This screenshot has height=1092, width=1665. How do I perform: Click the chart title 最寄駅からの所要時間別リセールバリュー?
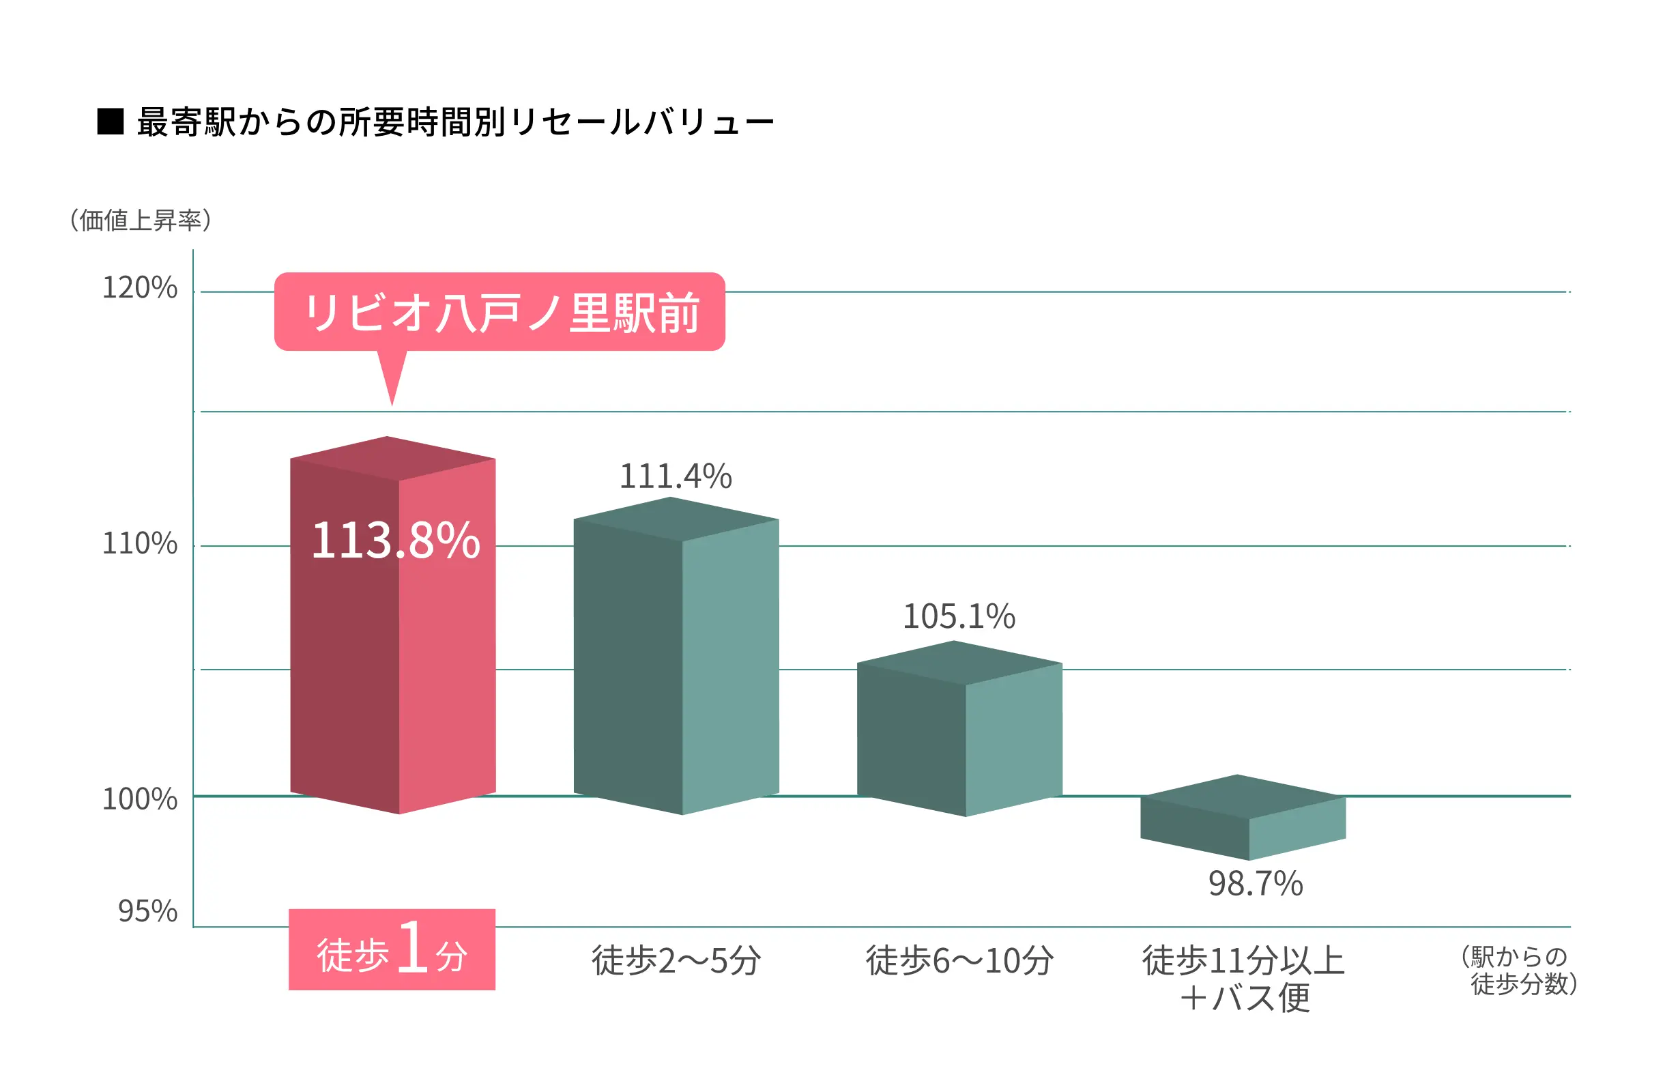pos(455,122)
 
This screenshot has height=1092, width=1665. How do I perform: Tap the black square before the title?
pos(111,121)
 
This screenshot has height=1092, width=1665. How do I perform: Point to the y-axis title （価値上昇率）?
pos(141,220)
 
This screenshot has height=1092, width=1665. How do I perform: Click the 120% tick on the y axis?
pos(140,287)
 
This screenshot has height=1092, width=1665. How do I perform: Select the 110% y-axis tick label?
pos(140,543)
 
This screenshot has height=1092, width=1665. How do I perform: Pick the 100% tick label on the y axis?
pos(140,799)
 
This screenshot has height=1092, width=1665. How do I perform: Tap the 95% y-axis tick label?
pos(147,911)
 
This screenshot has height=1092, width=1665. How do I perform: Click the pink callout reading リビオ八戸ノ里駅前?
pos(499,312)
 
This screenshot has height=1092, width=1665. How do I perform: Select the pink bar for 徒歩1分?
pos(392,665)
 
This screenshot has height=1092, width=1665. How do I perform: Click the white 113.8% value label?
pos(395,540)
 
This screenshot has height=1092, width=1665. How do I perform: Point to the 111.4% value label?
pos(676,476)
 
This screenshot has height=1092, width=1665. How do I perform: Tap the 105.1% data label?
pos(959,616)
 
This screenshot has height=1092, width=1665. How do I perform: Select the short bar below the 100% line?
pos(1243,818)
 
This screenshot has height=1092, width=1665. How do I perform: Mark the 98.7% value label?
pos(1256,884)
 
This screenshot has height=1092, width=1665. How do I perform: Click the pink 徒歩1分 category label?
pos(392,949)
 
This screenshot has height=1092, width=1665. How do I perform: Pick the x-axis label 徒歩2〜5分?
pos(676,960)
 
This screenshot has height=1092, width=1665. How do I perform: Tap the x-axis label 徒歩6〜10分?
pos(960,960)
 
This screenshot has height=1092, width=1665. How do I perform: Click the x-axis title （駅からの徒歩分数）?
pos(1520,971)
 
